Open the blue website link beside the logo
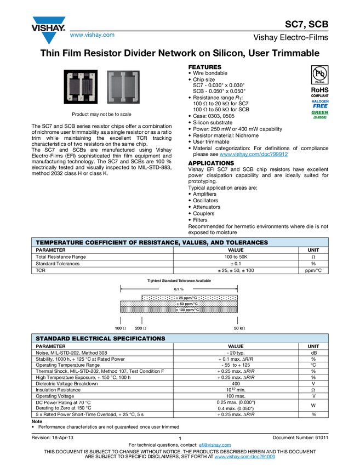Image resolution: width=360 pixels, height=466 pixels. coord(92,35)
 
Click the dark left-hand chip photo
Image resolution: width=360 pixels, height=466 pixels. coord(82,87)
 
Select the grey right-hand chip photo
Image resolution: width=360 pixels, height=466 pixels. coord(123,87)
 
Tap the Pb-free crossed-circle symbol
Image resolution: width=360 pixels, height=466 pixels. coord(319,73)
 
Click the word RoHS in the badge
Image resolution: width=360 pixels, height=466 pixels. coord(319,89)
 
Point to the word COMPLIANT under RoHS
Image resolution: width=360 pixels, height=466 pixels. coord(319,96)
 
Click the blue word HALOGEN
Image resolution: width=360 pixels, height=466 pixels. coord(319,101)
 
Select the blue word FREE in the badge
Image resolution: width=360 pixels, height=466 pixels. coord(319,106)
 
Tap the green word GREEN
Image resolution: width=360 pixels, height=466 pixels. coord(319,113)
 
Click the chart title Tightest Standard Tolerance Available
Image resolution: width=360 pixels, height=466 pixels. coord(179,281)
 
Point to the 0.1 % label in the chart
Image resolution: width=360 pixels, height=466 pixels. coord(179,289)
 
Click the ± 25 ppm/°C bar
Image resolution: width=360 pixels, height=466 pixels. coord(189,298)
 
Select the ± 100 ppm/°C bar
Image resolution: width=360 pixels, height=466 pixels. coord(179,310)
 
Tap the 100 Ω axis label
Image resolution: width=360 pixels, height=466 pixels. coord(121,328)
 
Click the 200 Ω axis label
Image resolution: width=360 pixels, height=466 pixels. coord(141,328)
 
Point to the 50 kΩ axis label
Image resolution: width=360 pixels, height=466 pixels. coord(239,328)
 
